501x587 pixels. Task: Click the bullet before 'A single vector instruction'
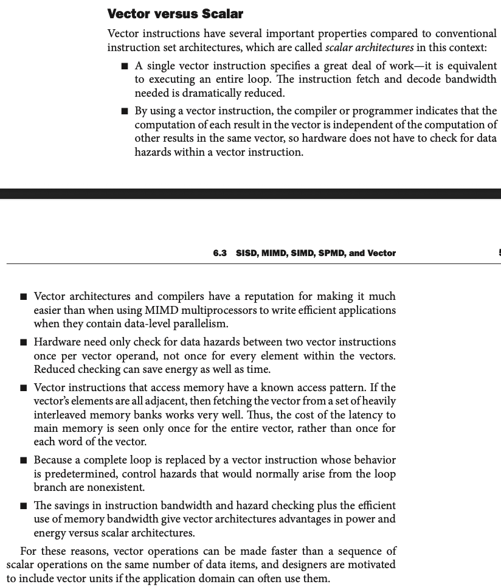pyautogui.click(x=125, y=66)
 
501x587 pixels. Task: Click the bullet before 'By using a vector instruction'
pyautogui.click(x=125, y=111)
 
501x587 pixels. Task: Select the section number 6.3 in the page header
pyautogui.click(x=220, y=253)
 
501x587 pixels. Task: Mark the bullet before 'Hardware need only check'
pyautogui.click(x=23, y=342)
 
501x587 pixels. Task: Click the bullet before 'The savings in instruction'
pyautogui.click(x=23, y=506)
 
